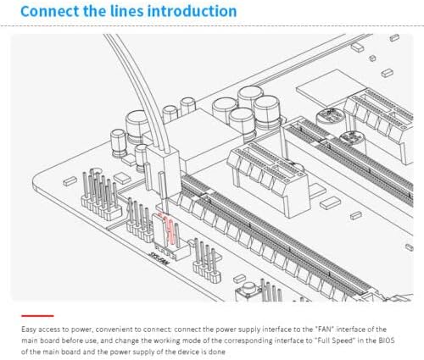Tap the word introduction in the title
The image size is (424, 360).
click(x=192, y=11)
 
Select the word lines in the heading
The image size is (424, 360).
click(x=129, y=11)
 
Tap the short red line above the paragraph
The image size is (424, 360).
click(x=37, y=316)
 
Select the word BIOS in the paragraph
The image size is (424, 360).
click(x=387, y=341)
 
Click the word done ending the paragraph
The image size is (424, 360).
click(x=217, y=352)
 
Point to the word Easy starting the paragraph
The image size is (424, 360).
click(x=29, y=330)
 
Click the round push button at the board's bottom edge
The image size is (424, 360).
click(x=248, y=289)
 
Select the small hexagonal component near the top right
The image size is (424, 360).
click(x=372, y=58)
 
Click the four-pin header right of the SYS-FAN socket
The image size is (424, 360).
click(x=207, y=261)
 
